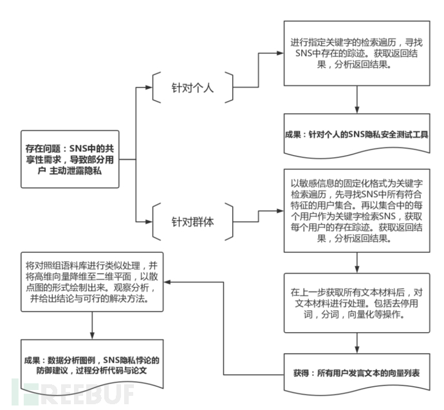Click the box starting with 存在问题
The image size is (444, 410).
70,159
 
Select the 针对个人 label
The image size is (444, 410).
192,88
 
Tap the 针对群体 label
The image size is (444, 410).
192,221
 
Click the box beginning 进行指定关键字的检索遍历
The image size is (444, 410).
356,53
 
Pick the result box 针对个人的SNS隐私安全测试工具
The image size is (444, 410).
356,135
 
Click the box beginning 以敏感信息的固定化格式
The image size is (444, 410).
356,210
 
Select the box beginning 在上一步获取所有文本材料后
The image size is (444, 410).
356,303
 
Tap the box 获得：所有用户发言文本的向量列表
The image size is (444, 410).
356,374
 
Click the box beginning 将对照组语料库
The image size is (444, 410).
92,282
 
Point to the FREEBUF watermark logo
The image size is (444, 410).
73,392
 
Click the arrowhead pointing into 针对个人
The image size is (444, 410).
149,88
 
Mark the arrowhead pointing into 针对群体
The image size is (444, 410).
149,221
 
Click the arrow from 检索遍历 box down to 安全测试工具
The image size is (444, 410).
356,100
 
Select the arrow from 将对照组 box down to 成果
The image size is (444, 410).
92,326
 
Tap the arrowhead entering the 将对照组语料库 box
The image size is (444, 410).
167,282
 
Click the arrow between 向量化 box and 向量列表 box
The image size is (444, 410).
356,343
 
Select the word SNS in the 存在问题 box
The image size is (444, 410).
78,149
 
